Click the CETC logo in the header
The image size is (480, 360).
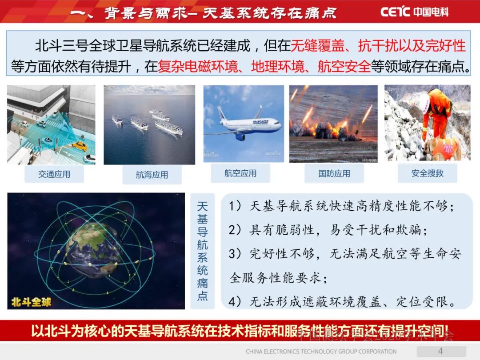[414, 12]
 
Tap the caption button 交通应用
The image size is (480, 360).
[54, 174]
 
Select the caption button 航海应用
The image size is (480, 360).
[152, 175]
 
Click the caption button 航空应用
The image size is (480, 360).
[240, 173]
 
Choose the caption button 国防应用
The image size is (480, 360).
[334, 173]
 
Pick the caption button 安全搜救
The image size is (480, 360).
[427, 173]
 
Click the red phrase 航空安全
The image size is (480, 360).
[344, 67]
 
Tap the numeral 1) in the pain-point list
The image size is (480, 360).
[235, 207]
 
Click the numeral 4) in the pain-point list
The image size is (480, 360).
[235, 302]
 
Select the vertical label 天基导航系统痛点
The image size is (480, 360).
[202, 251]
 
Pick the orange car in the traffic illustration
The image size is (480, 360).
[79, 145]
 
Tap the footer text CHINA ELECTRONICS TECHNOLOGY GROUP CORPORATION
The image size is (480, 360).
[321, 352]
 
